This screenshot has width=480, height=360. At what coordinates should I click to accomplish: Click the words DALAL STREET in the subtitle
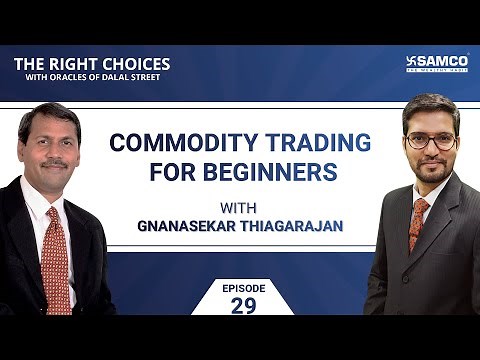(136, 81)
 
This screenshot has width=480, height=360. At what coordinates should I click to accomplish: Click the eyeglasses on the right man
(431, 141)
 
